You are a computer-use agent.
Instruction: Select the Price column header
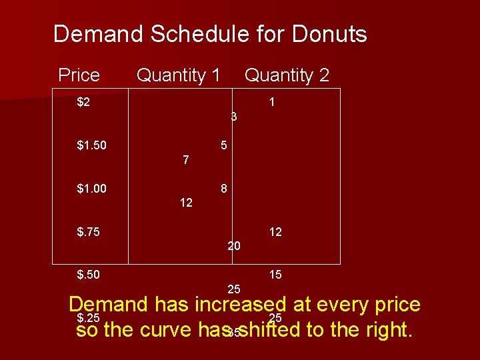[79, 75]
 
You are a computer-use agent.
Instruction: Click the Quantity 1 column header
[178, 75]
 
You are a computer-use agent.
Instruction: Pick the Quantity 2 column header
[287, 75]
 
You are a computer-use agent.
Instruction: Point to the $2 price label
[84, 103]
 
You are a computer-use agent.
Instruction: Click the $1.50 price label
[92, 145]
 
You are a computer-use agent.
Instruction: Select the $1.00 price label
[92, 189]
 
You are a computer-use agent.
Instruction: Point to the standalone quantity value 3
[234, 117]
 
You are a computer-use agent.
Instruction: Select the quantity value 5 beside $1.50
[225, 145]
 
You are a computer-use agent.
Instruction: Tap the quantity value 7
[185, 160]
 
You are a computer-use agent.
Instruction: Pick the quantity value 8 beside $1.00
[225, 189]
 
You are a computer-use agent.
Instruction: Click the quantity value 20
[234, 246]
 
